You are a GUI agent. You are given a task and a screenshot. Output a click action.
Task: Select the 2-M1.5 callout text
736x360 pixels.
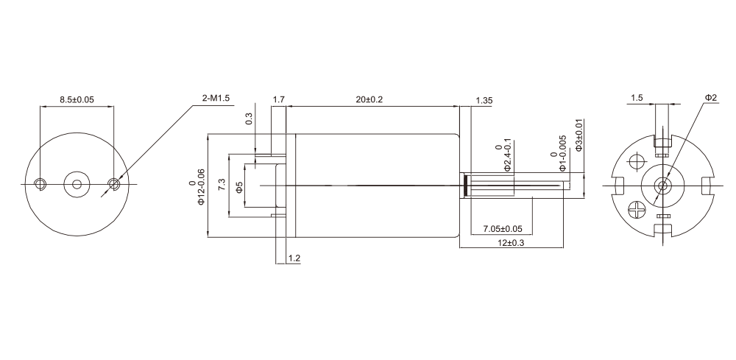pyautogui.click(x=216, y=98)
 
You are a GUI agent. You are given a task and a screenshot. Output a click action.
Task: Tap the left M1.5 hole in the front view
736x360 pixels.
pyautogui.click(x=42, y=183)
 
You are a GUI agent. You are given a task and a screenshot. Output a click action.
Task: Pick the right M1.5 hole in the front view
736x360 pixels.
pyautogui.click(x=113, y=183)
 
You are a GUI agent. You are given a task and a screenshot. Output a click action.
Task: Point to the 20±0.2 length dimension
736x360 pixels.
pyautogui.click(x=369, y=99)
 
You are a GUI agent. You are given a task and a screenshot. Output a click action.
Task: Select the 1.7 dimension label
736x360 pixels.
pyautogui.click(x=279, y=99)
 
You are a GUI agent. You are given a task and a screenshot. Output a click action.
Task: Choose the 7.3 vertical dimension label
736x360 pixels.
pyautogui.click(x=222, y=184)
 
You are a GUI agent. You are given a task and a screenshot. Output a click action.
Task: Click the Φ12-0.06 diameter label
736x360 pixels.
pyautogui.click(x=196, y=184)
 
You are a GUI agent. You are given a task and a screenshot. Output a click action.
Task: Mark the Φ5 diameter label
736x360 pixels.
pyautogui.click(x=238, y=187)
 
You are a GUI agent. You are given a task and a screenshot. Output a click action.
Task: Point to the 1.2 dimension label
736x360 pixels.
pyautogui.click(x=294, y=258)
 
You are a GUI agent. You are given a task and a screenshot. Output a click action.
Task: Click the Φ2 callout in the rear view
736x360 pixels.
pyautogui.click(x=710, y=98)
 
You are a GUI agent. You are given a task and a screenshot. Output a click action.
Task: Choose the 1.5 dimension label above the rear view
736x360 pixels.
pyautogui.click(x=637, y=98)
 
